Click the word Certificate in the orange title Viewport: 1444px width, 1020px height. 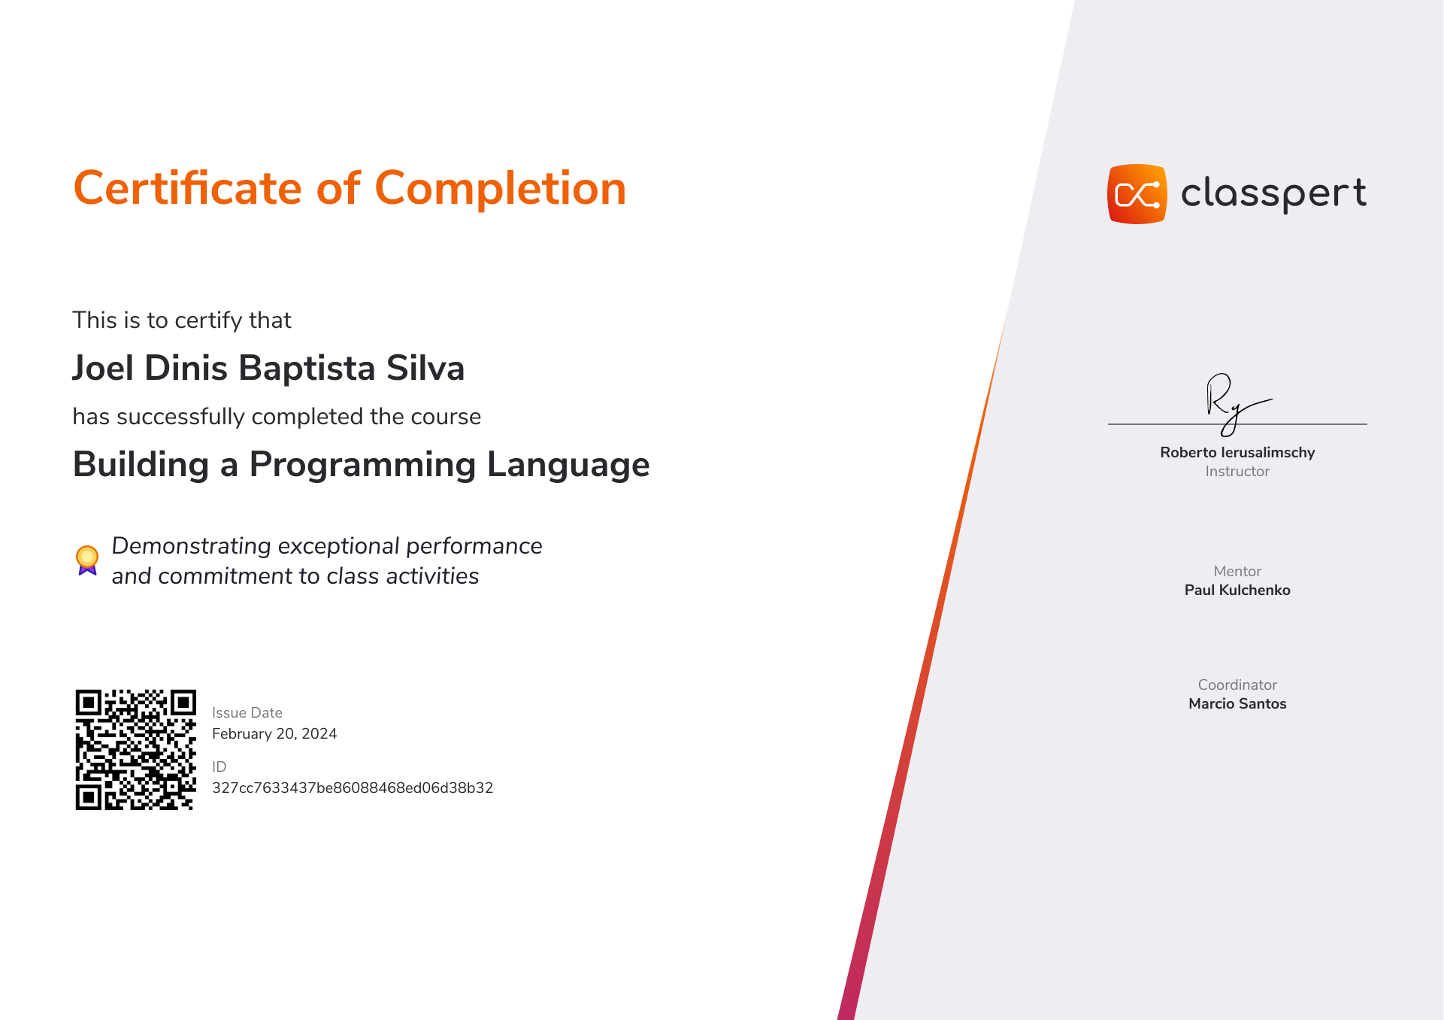pyautogui.click(x=188, y=188)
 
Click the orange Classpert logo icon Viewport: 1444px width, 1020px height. pyautogui.click(x=1137, y=194)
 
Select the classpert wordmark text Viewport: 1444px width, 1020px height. pyautogui.click(x=1273, y=193)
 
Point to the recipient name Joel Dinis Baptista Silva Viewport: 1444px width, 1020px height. pyautogui.click(x=268, y=368)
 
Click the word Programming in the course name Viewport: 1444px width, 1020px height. pyautogui.click(x=362, y=465)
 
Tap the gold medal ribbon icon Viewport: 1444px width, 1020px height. pyautogui.click(x=87, y=560)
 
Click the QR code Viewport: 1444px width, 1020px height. pyautogui.click(x=135, y=749)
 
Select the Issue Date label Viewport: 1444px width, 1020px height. pyautogui.click(x=247, y=712)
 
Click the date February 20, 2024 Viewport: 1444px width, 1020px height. pyautogui.click(x=274, y=733)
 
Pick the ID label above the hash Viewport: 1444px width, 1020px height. pyautogui.click(x=219, y=767)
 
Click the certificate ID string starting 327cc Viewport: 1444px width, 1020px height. pyautogui.click(x=353, y=788)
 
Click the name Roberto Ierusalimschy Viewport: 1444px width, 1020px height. pyautogui.click(x=1237, y=452)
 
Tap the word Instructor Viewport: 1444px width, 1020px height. pyautogui.click(x=1237, y=471)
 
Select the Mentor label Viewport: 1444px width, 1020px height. pyautogui.click(x=1237, y=571)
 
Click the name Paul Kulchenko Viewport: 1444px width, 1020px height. pyautogui.click(x=1237, y=590)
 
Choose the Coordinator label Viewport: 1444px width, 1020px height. pyautogui.click(x=1237, y=685)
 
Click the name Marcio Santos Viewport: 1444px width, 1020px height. pyautogui.click(x=1237, y=703)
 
